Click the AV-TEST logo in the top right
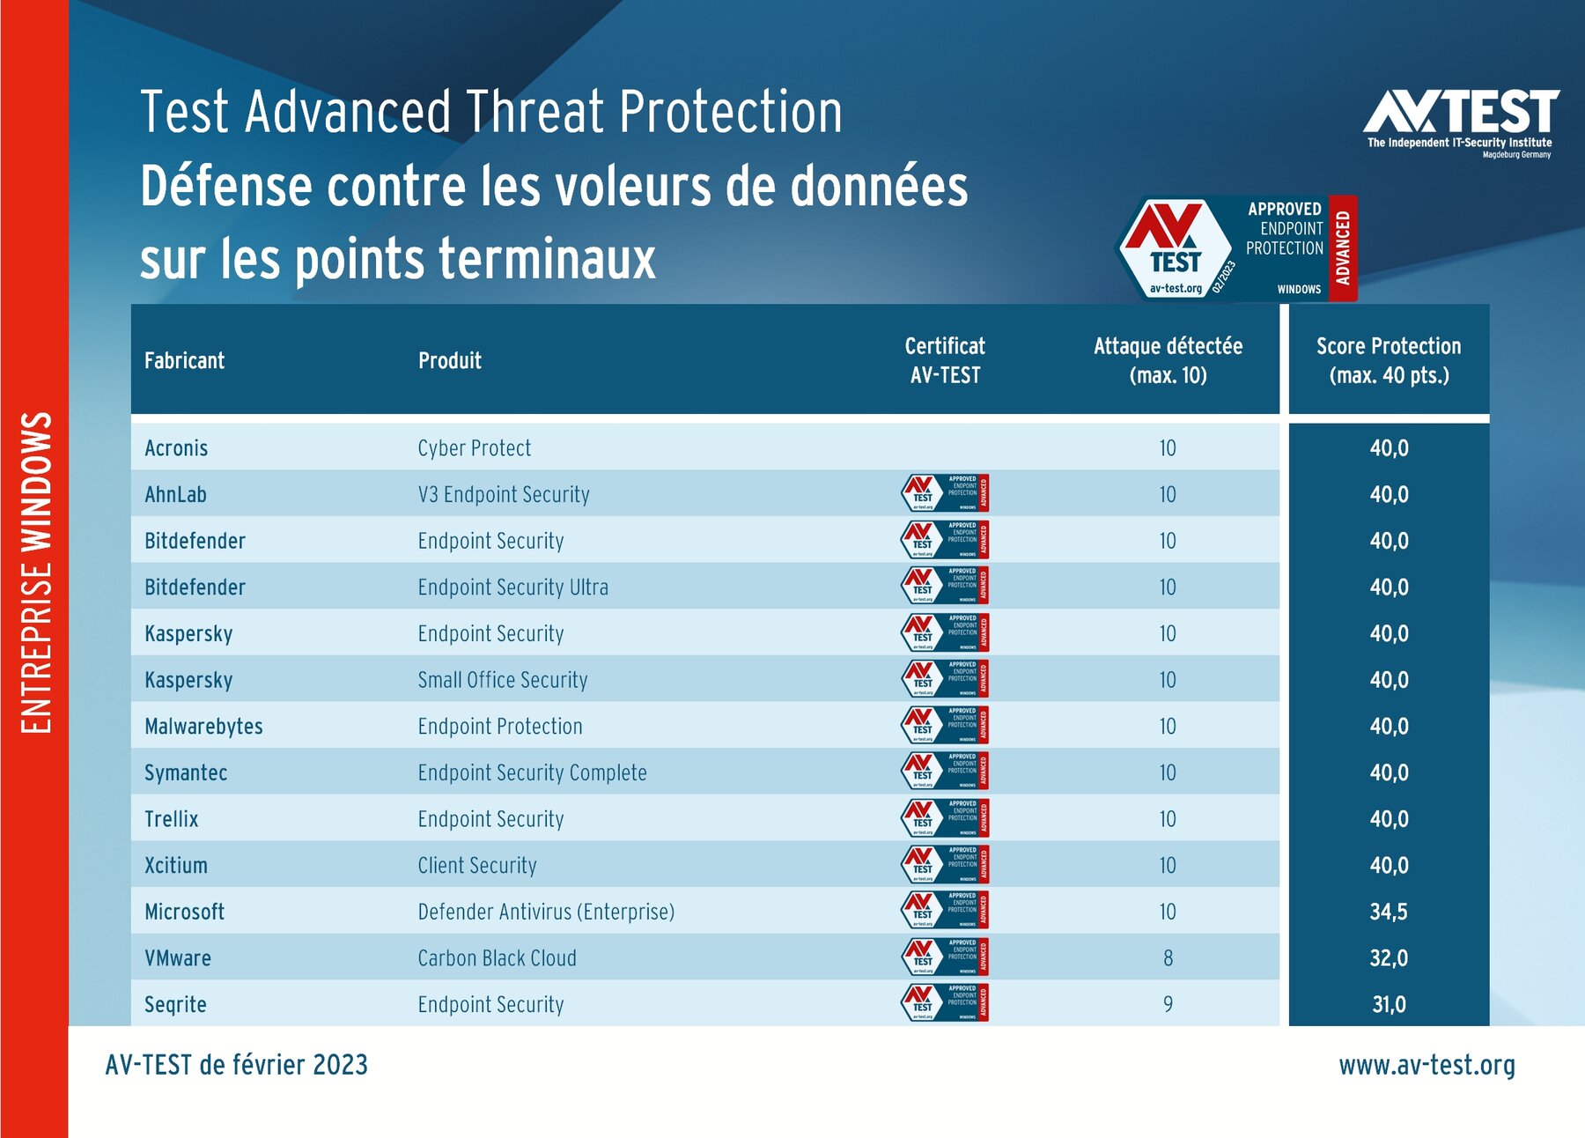(x=1461, y=122)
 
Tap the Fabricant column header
(x=184, y=360)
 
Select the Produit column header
(x=449, y=360)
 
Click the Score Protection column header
(x=1389, y=360)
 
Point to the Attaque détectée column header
(x=1168, y=360)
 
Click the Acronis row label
(x=176, y=448)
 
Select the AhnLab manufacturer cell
(x=175, y=495)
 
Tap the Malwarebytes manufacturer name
(x=203, y=727)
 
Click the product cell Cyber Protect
(x=474, y=448)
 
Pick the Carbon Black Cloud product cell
(x=497, y=958)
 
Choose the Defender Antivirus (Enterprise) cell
(x=546, y=912)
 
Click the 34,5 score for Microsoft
(x=1389, y=912)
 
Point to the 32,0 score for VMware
(x=1389, y=958)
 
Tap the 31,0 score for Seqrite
(x=1389, y=1004)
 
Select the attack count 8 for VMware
(x=1168, y=958)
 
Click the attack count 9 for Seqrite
(x=1168, y=1004)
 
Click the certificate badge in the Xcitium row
(x=944, y=865)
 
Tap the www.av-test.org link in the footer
(x=1426, y=1065)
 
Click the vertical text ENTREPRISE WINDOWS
(x=36, y=573)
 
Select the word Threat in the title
(x=534, y=112)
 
